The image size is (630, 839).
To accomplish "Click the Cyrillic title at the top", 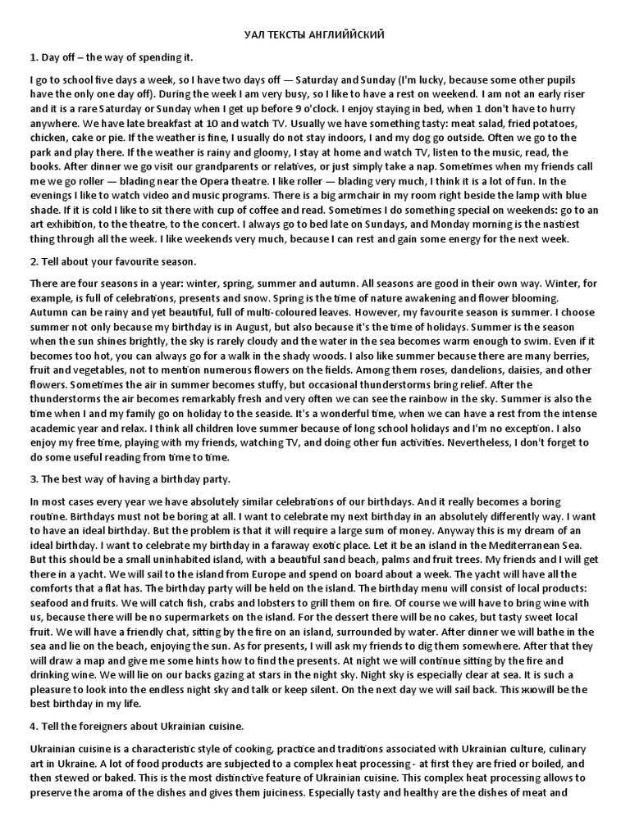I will pos(315,34).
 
